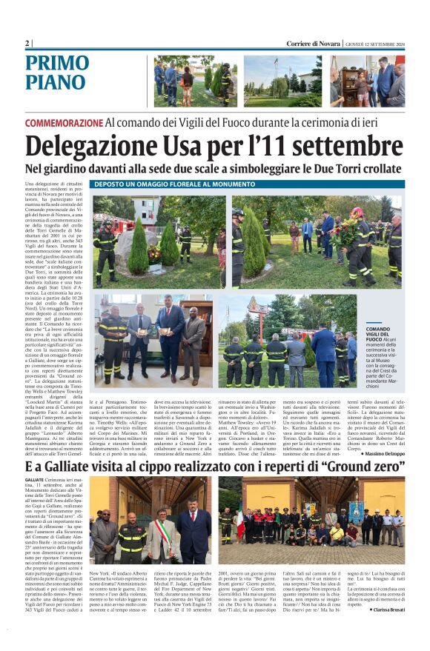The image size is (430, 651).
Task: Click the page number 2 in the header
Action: [x=27, y=44]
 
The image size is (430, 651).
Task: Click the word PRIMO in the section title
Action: [x=57, y=64]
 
